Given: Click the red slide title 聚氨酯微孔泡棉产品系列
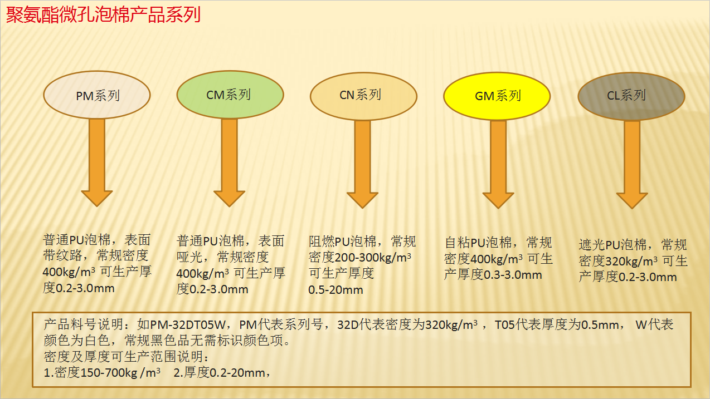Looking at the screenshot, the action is (103, 14).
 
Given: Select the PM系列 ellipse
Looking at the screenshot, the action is (96, 95).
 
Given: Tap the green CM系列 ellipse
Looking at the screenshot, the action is (230, 95).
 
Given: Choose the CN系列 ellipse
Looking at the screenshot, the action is (363, 96).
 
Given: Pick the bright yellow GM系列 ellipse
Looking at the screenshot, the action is (497, 96).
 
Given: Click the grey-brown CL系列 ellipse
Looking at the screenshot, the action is (631, 96).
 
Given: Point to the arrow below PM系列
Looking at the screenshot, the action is (96, 162).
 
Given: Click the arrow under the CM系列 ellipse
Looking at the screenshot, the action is (229, 162).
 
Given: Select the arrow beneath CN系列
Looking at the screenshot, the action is (362, 164).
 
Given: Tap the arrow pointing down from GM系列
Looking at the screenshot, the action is (498, 165).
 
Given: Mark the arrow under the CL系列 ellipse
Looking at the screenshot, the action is (632, 165).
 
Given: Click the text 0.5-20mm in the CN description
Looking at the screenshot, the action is (335, 290).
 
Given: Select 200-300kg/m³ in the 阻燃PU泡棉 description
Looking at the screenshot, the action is (373, 258).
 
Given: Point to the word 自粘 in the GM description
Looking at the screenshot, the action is (458, 243).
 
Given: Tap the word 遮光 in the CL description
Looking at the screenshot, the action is (592, 245).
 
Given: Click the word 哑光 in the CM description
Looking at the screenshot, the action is (189, 257).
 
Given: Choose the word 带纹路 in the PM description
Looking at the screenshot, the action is (62, 255).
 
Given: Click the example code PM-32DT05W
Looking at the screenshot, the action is (188, 324).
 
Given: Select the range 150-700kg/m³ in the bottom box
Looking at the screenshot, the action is (120, 373).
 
